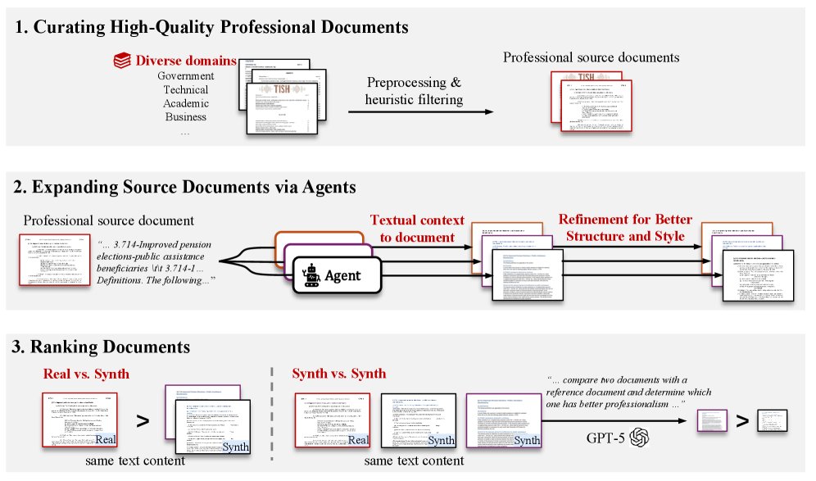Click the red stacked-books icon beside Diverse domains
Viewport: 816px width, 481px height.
pos(122,61)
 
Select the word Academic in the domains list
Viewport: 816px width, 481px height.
pos(185,103)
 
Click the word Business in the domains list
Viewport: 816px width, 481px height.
pos(185,116)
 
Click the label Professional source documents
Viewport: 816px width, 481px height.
pos(591,57)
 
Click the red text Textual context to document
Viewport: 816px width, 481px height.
pos(417,229)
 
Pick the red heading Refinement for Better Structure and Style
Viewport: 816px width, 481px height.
pos(625,229)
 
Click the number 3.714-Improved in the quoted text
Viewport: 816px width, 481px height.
pos(167,243)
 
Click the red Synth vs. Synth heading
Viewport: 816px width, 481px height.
pos(338,374)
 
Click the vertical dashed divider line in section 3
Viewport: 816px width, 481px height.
pos(271,418)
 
